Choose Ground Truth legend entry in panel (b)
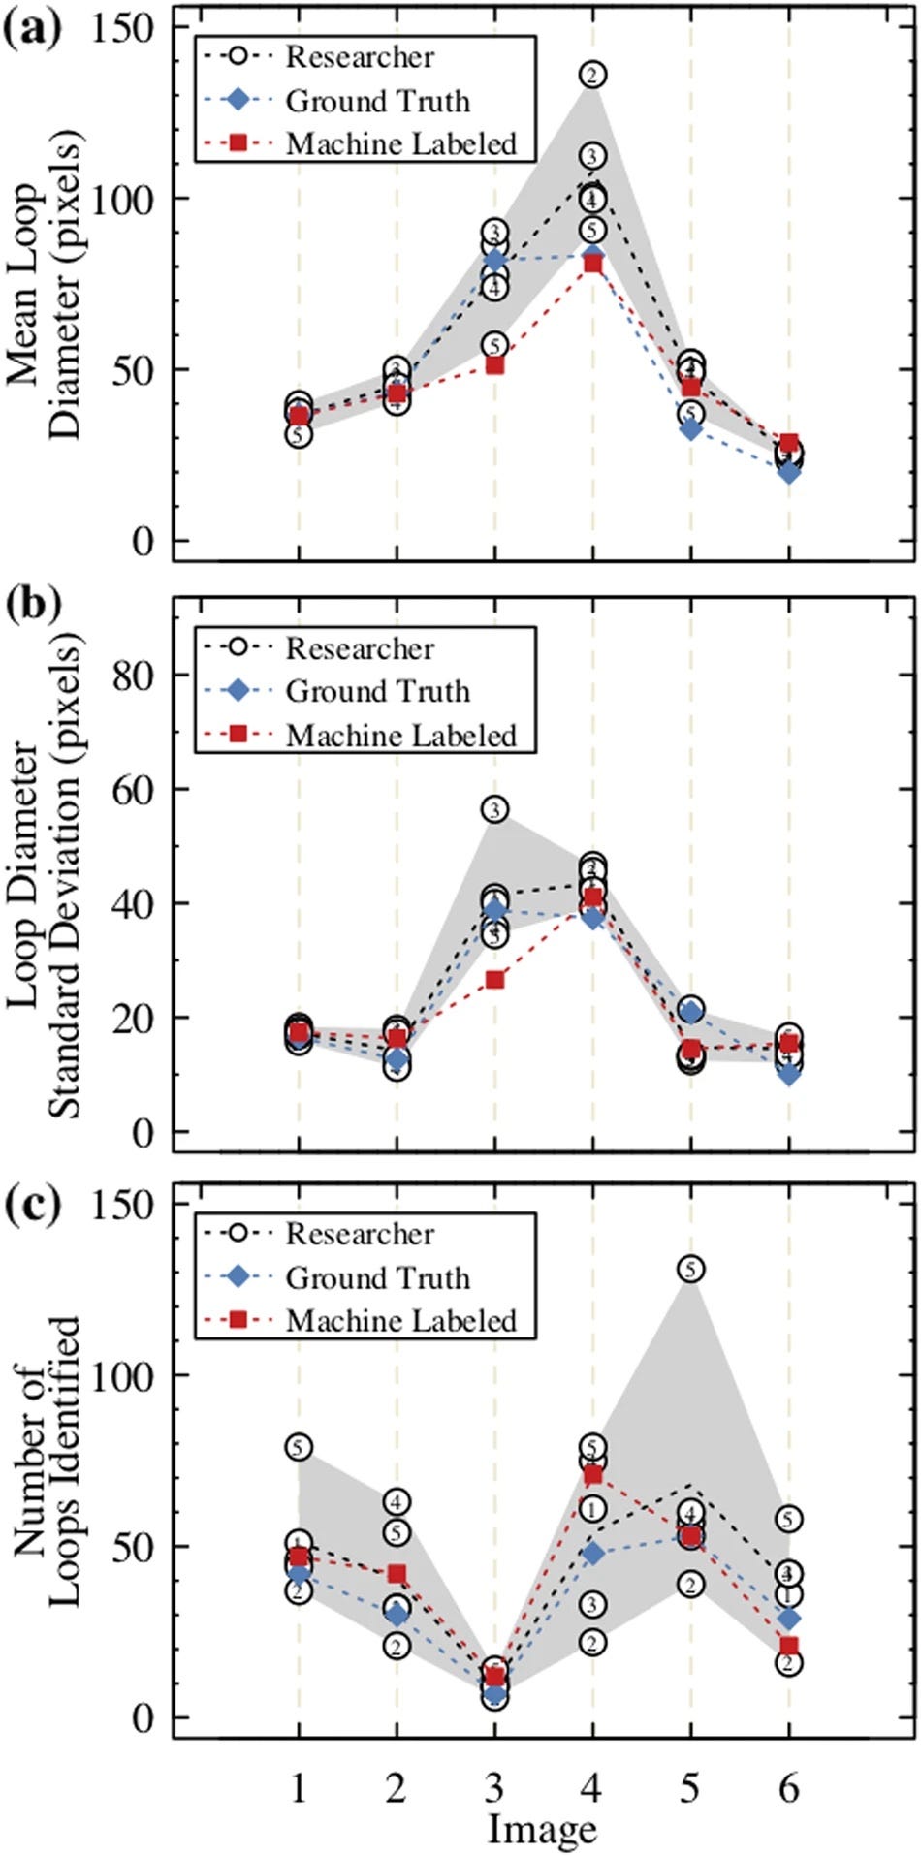point(377,691)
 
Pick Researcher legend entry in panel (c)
point(360,1234)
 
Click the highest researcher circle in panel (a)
point(593,75)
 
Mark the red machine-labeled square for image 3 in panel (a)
point(494,365)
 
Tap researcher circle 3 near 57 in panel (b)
point(494,810)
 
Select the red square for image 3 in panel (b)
point(494,980)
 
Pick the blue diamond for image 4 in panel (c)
point(593,1554)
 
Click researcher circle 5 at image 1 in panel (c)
point(299,1447)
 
